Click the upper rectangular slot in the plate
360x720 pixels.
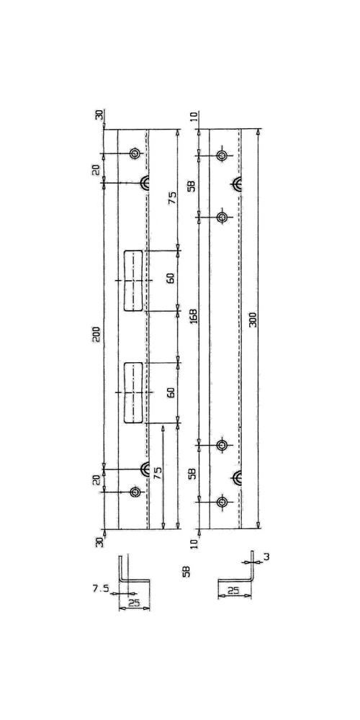click(x=133, y=281)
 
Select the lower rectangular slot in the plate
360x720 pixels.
click(x=133, y=393)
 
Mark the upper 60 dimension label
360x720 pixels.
click(x=171, y=278)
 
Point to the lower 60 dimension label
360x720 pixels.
click(x=171, y=392)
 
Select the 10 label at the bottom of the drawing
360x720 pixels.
click(x=194, y=544)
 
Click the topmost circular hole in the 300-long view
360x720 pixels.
click(x=222, y=156)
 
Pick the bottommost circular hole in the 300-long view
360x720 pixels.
click(x=222, y=502)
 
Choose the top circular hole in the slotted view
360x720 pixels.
click(x=135, y=153)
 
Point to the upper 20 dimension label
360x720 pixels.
click(x=96, y=171)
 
